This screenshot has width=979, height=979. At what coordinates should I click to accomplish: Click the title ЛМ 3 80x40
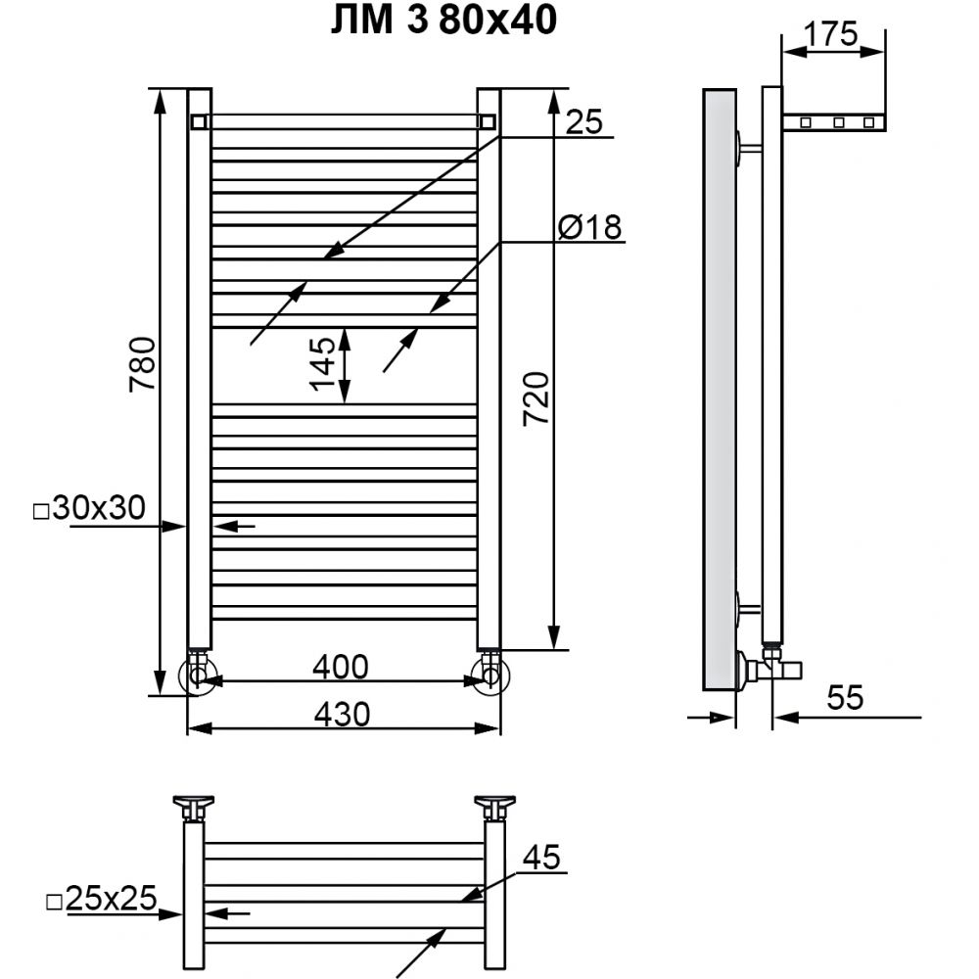tap(443, 20)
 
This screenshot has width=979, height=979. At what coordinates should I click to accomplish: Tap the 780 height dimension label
tap(143, 364)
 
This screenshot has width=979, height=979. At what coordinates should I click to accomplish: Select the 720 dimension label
tap(536, 399)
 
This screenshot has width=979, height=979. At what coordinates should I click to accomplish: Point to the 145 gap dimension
tap(323, 364)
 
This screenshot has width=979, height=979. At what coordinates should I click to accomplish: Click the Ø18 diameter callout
tap(590, 226)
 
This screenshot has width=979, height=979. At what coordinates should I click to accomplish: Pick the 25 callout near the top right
tap(583, 121)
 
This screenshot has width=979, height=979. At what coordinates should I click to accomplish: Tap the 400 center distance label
tap(341, 667)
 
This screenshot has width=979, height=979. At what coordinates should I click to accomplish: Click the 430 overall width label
tap(342, 715)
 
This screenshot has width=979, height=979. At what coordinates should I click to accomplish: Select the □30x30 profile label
tap(89, 508)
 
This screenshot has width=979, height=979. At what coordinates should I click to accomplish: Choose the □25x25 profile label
tap(102, 899)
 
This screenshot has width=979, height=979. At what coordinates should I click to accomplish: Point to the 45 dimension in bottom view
tap(541, 858)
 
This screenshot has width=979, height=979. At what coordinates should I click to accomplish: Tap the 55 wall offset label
tap(846, 697)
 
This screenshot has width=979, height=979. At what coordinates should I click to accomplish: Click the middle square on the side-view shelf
tap(839, 123)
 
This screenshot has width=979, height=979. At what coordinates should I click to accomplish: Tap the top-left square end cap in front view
tap(199, 121)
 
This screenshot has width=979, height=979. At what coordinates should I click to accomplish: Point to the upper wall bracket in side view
tap(749, 149)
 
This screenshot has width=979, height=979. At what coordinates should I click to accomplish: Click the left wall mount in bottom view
tap(194, 808)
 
